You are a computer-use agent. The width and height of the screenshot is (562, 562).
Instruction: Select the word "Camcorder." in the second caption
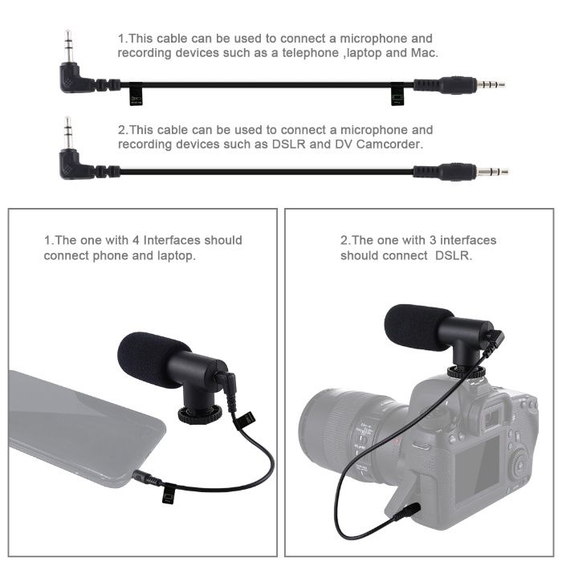[389, 145]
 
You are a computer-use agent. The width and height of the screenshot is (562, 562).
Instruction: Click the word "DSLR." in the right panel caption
[454, 255]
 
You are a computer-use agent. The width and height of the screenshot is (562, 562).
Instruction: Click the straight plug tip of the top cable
[491, 84]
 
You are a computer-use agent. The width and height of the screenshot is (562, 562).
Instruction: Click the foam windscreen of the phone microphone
[145, 359]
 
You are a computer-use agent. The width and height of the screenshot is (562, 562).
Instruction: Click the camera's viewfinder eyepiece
[492, 415]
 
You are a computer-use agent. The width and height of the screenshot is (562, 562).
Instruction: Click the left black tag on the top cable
[135, 95]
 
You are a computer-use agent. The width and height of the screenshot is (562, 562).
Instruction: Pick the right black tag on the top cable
[397, 95]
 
